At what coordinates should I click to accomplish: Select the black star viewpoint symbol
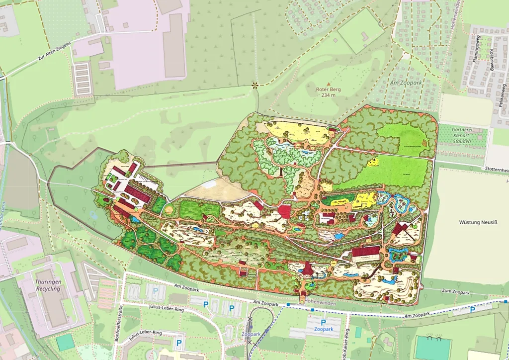(x=255, y=85)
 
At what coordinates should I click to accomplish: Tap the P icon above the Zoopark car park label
(x=323, y=322)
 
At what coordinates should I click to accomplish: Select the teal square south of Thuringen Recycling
(x=65, y=343)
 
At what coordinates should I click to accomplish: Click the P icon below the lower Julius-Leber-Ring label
(x=179, y=343)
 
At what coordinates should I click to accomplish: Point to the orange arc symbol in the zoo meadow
(x=424, y=143)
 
